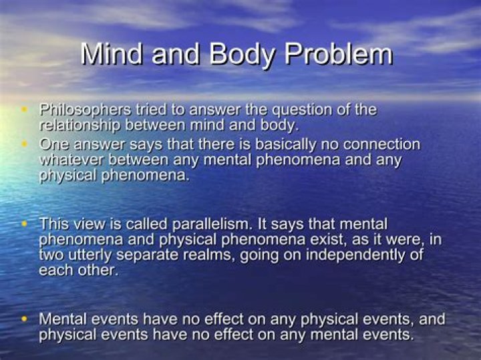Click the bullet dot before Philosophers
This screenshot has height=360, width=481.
point(25,109)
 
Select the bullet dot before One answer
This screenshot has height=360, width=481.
point(25,144)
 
